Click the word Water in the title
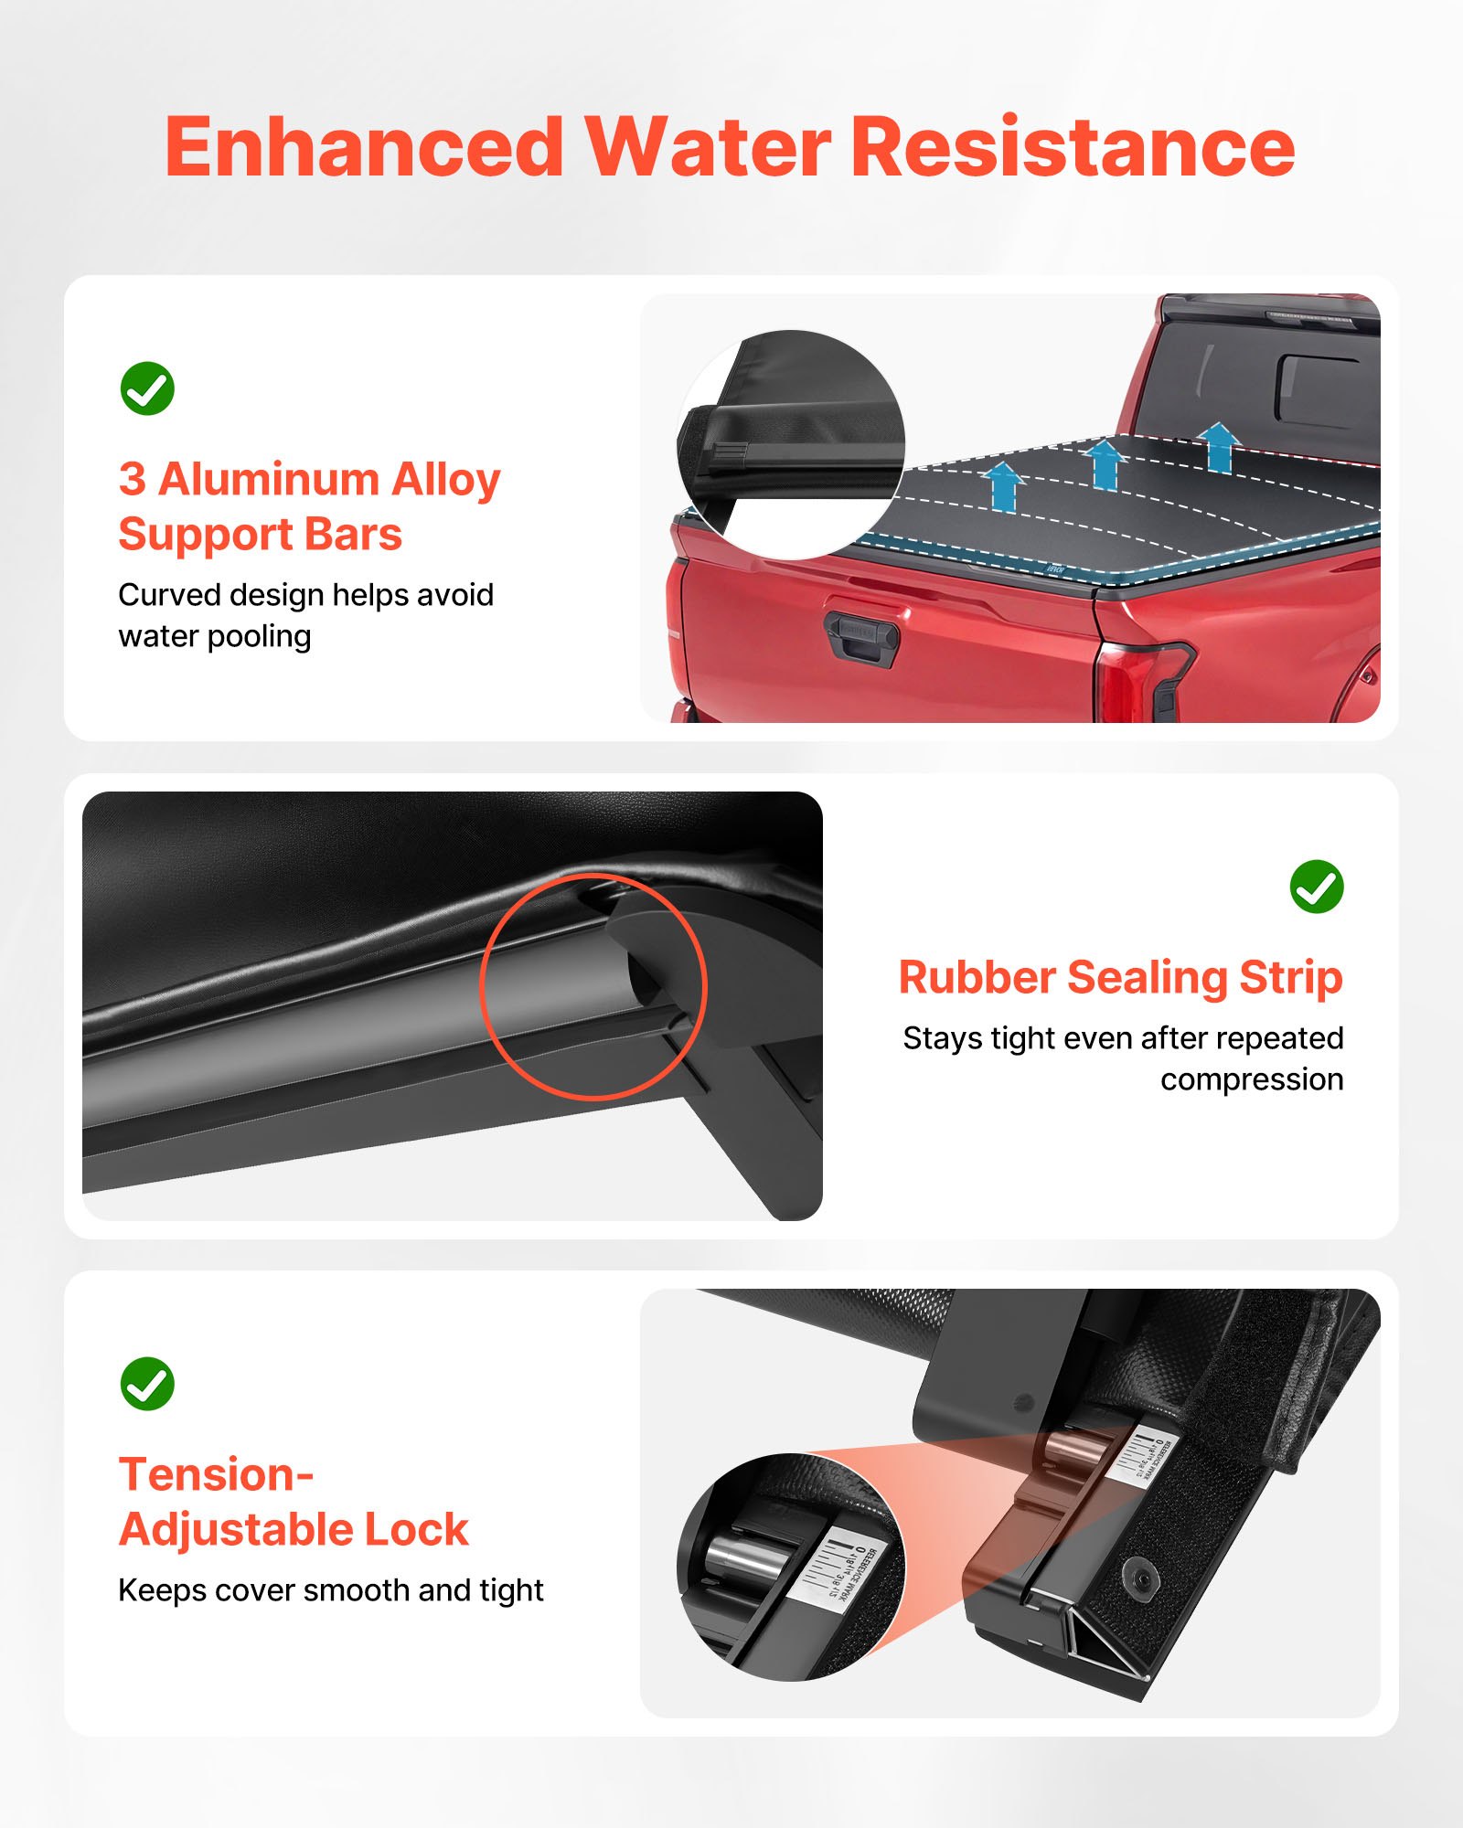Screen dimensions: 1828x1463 [x=708, y=148]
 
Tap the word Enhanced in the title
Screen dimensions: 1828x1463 [x=364, y=148]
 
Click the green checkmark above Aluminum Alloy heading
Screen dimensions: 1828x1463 [x=147, y=388]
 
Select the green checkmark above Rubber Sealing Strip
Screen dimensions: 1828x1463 [x=1316, y=886]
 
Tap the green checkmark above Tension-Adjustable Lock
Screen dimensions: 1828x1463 [x=147, y=1383]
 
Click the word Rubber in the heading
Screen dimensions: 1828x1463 [x=976, y=977]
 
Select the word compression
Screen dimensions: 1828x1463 [x=1251, y=1079]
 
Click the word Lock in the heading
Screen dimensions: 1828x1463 [x=416, y=1529]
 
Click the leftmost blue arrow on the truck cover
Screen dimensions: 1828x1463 [x=1004, y=486]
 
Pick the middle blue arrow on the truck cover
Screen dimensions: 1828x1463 [x=1105, y=464]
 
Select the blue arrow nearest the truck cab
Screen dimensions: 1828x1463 [x=1218, y=447]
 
